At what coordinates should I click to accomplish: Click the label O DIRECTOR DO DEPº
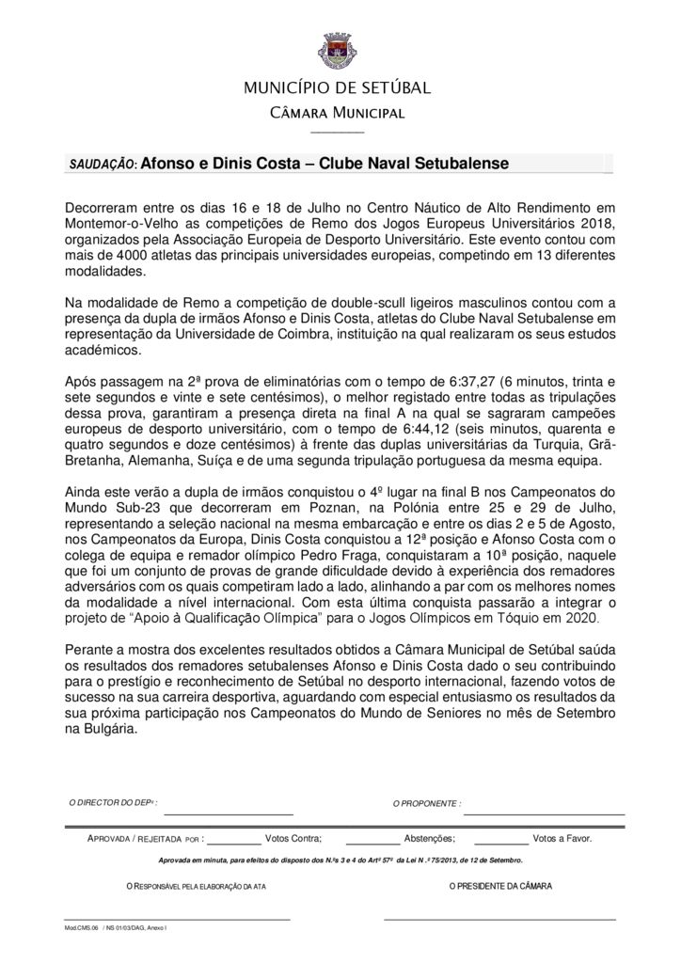tap(114, 803)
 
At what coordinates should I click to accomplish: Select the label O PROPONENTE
tap(426, 804)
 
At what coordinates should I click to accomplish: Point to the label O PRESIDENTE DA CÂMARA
tap(500, 886)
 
